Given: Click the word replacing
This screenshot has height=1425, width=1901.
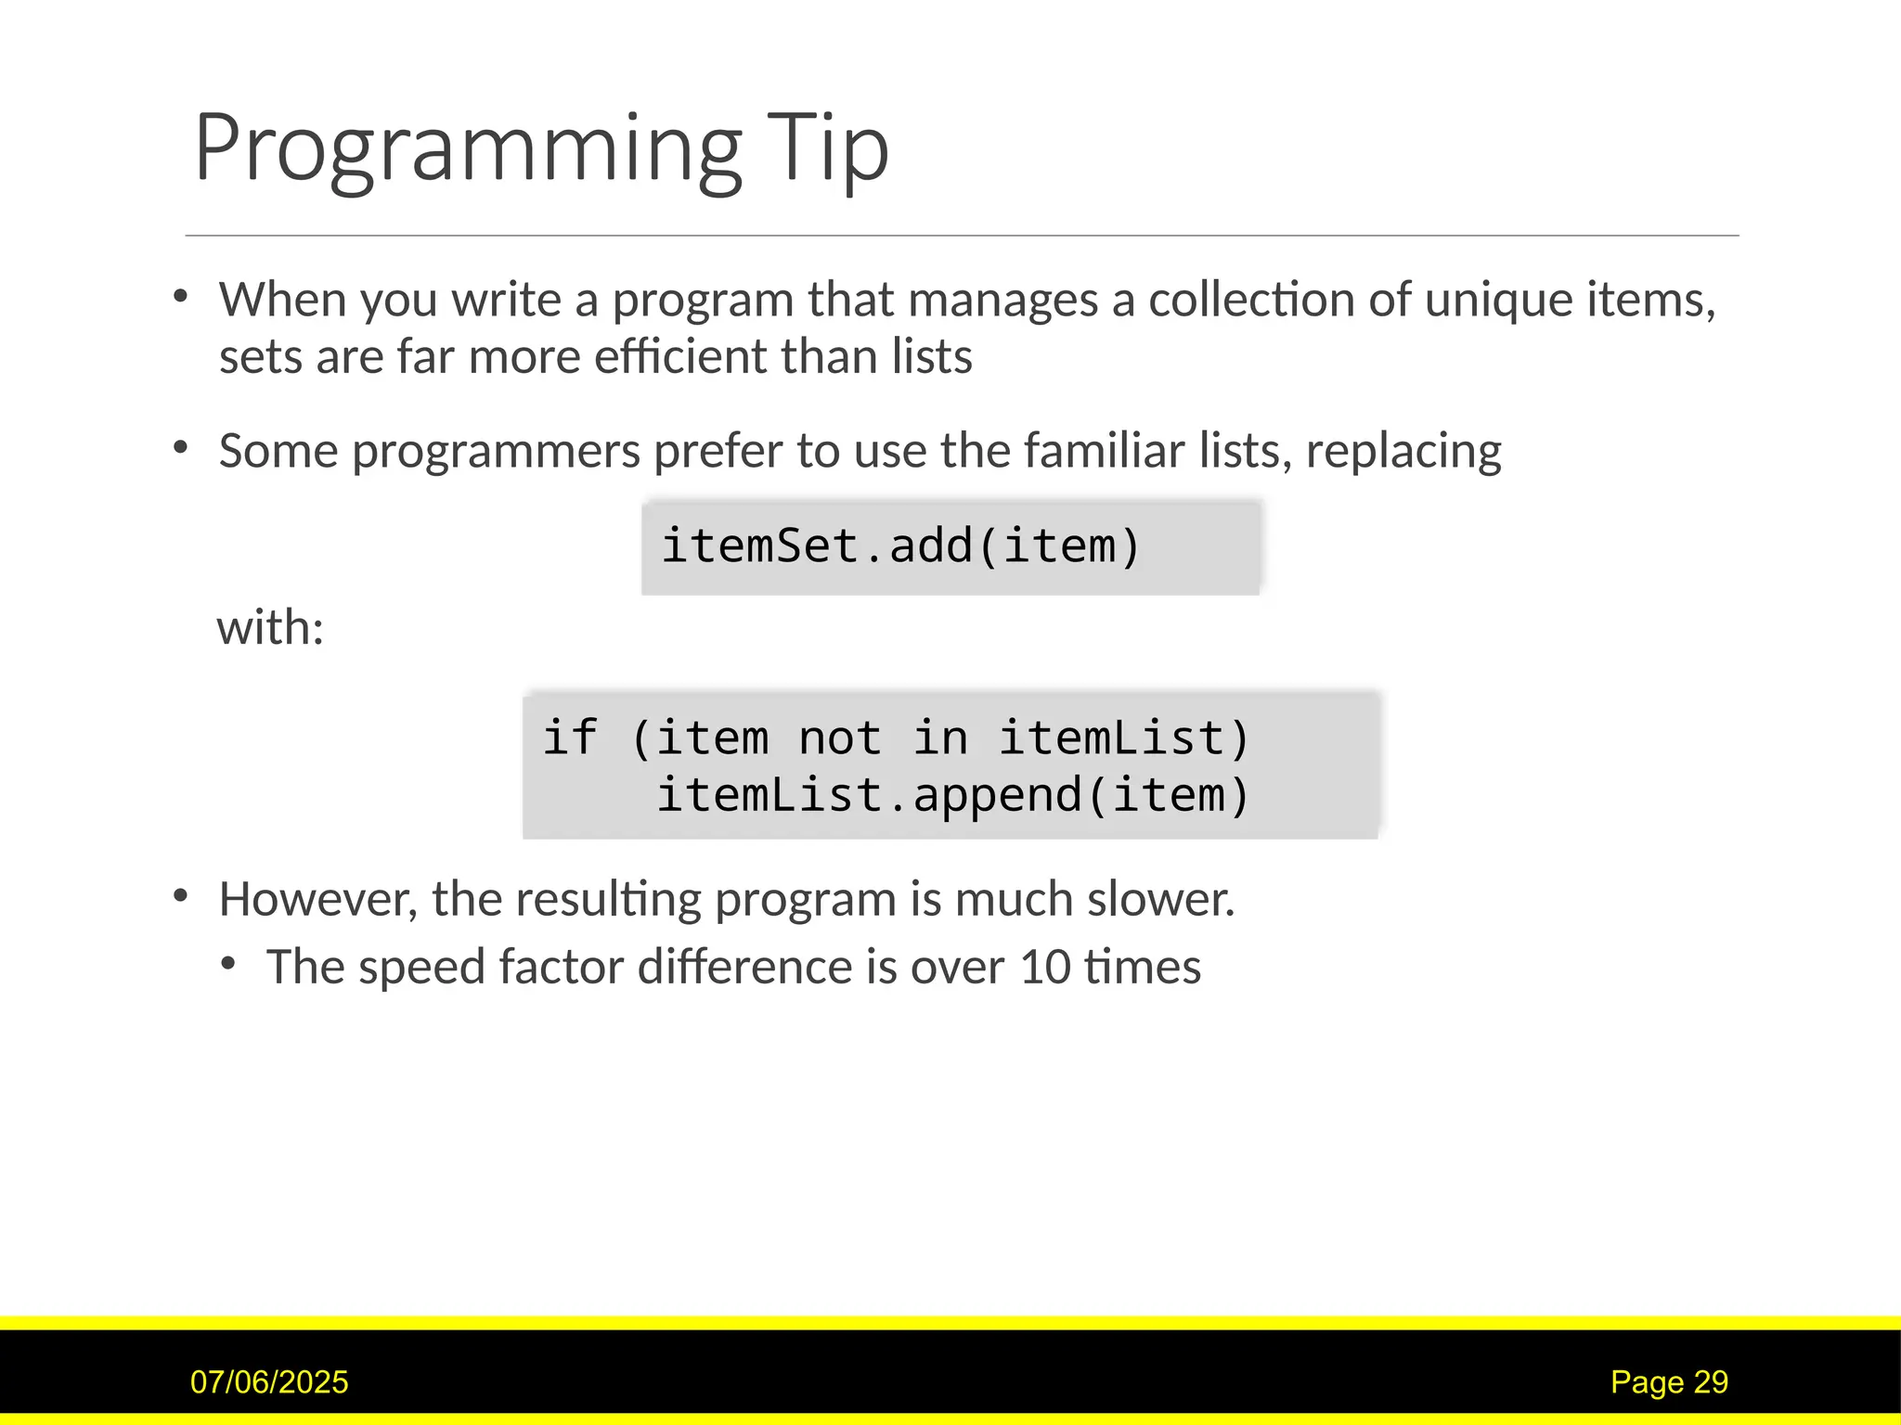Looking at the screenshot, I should click(x=1403, y=453).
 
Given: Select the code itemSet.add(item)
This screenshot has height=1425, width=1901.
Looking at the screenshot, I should click(x=899, y=546).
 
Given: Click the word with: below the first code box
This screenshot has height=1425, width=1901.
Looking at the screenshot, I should click(x=270, y=627).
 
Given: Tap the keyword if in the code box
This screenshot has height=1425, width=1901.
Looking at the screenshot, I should click(x=569, y=738).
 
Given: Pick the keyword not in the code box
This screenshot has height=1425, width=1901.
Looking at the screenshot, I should click(x=839, y=738).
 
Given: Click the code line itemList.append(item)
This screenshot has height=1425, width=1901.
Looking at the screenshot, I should click(x=953, y=796).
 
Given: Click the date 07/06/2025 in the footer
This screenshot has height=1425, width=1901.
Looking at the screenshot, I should click(x=269, y=1382).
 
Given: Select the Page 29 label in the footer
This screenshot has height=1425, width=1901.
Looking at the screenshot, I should click(x=1669, y=1382).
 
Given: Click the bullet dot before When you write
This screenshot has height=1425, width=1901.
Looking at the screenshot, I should click(x=181, y=297).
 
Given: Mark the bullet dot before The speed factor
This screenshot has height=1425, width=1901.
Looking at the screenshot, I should click(x=228, y=965).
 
